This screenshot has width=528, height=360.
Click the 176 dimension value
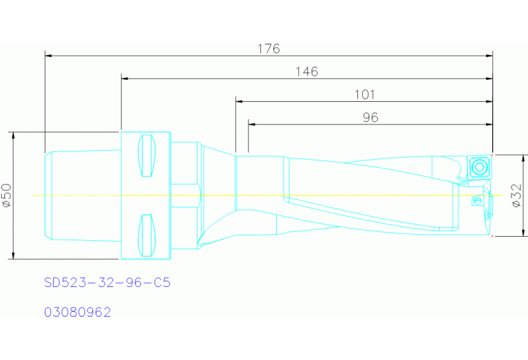click(268, 48)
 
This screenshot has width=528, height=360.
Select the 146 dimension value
click(306, 72)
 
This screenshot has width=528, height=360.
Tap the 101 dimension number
click(363, 94)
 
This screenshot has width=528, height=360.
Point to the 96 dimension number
click(370, 118)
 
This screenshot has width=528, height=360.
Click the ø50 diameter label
click(6, 195)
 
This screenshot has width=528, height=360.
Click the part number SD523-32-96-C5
click(107, 283)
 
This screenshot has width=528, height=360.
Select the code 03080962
click(78, 312)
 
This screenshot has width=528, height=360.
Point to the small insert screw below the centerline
click(476, 201)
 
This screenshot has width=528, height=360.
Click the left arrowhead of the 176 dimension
click(47, 54)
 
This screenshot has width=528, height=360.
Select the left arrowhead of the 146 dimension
click(125, 78)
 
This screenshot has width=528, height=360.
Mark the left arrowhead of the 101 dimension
click(239, 101)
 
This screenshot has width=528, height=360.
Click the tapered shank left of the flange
click(83, 195)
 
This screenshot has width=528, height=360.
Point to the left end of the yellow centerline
click(33, 195)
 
